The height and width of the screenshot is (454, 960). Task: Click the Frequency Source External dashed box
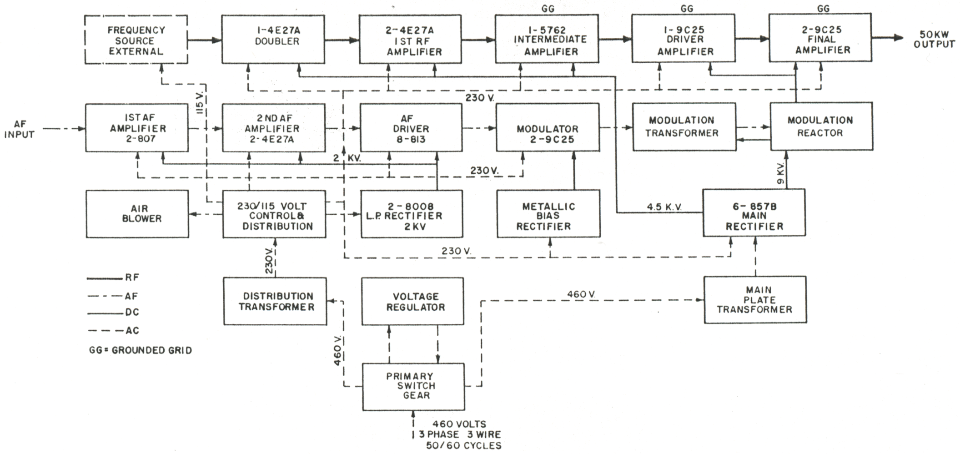pos(136,40)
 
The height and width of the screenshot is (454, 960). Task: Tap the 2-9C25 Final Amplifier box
pos(820,39)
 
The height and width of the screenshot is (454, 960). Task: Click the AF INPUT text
pos(19,129)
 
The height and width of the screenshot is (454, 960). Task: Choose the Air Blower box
pos(137,214)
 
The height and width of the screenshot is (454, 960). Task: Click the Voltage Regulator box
pos(412,302)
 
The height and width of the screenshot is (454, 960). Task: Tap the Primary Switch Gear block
pos(413,386)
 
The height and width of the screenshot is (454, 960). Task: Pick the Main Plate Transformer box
pos(755,300)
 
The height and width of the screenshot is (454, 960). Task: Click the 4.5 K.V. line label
pos(664,207)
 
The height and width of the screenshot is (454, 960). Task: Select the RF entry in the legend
pos(132,277)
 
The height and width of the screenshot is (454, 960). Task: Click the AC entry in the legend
pos(132,331)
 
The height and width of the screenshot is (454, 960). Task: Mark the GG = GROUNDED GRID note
pos(141,350)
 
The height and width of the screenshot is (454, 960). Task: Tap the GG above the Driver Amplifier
pos(686,8)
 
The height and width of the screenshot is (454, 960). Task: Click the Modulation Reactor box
pos(821,126)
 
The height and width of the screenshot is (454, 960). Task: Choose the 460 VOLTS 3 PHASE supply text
pos(459,434)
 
